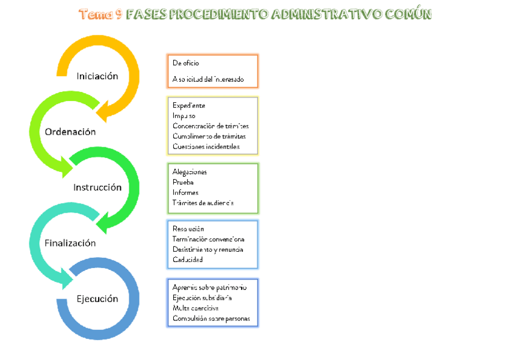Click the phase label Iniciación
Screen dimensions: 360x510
(97, 76)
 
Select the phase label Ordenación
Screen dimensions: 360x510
(70, 132)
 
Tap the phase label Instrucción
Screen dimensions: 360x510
(97, 187)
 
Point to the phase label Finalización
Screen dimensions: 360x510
(70, 243)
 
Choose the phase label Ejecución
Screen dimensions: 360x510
(97, 299)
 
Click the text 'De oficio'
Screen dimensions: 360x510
(186, 63)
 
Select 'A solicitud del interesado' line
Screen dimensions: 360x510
(207, 79)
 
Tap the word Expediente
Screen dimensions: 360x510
(189, 106)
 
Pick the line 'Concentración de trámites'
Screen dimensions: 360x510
(210, 126)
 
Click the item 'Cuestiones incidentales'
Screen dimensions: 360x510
(206, 147)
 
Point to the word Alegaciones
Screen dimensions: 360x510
(189, 172)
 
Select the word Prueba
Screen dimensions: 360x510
(183, 182)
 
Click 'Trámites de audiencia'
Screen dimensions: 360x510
(203, 203)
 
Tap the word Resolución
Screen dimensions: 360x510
(188, 229)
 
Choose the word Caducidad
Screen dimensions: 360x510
(188, 260)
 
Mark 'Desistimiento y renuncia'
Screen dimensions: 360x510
(207, 249)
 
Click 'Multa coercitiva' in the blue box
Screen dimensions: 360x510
(195, 308)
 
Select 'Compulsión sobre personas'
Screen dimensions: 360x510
(210, 319)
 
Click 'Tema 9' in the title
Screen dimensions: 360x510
(100, 14)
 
